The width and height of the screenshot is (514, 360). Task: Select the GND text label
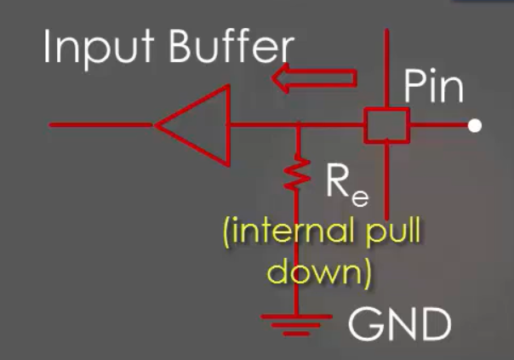(x=401, y=324)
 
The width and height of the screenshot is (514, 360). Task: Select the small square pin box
(x=387, y=125)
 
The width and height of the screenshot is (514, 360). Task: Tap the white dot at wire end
(x=475, y=126)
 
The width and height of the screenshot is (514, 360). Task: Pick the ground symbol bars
(x=295, y=323)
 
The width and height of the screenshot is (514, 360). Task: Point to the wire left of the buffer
(x=102, y=125)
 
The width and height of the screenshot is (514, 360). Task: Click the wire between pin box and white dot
(x=438, y=126)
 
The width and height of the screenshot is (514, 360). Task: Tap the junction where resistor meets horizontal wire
(x=297, y=126)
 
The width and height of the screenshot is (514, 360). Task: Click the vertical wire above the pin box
(x=387, y=68)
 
